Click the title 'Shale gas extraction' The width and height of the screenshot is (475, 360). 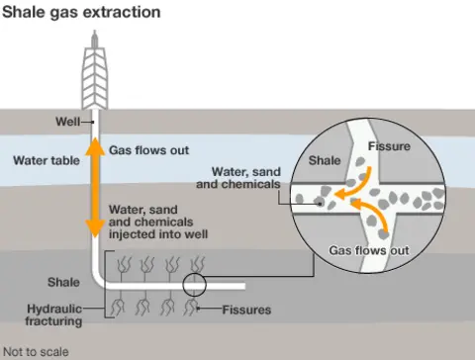81,13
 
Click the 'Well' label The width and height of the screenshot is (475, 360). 67,123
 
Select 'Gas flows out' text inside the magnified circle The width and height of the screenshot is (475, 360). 369,251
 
